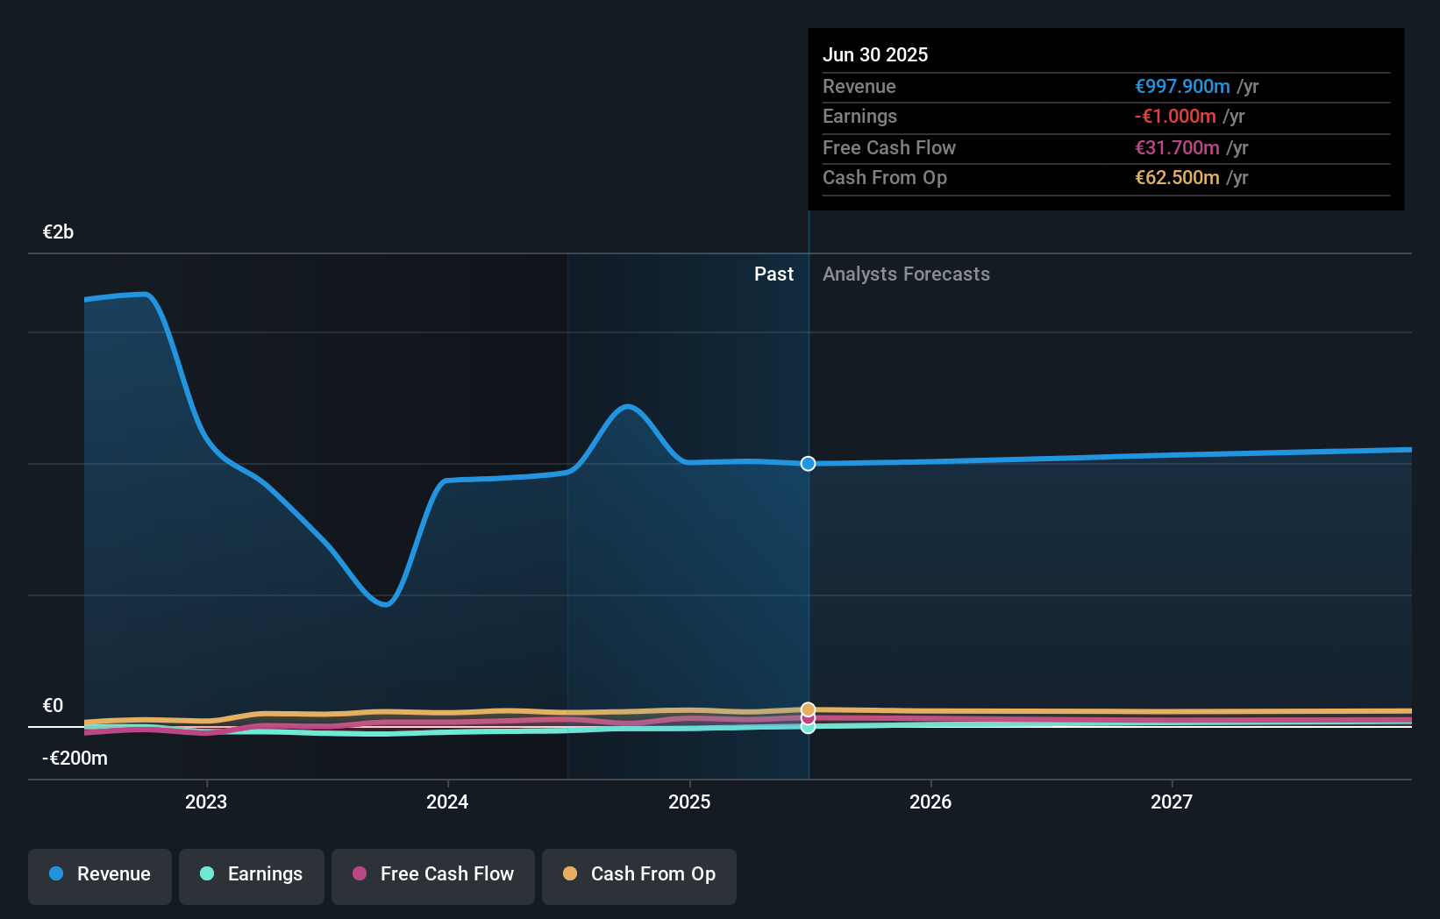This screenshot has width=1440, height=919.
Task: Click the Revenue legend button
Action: [100, 874]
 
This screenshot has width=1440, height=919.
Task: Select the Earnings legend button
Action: [251, 874]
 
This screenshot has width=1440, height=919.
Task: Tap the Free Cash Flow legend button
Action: [432, 874]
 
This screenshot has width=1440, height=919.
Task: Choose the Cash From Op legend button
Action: [638, 874]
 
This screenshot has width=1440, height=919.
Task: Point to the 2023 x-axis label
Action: [206, 801]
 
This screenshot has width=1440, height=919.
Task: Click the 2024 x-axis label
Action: [447, 801]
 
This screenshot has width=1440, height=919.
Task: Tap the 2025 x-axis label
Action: [689, 801]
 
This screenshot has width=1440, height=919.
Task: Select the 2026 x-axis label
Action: [930, 801]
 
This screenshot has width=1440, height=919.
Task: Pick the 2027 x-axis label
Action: [1172, 801]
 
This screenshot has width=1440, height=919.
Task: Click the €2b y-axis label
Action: [58, 232]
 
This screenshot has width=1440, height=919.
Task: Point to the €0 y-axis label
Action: [53, 706]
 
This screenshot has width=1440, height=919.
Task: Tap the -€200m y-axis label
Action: [75, 759]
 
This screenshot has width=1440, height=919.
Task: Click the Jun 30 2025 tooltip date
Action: [874, 54]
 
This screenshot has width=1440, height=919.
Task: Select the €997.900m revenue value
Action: [1181, 86]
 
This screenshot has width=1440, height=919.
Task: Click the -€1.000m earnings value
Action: [1174, 117]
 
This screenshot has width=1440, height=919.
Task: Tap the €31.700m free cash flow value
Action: [1176, 147]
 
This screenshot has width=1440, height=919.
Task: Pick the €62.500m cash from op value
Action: [1176, 178]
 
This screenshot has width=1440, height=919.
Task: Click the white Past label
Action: [773, 274]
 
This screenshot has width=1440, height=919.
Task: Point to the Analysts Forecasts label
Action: [906, 274]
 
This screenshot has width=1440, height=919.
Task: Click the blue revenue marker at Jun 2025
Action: [808, 463]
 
